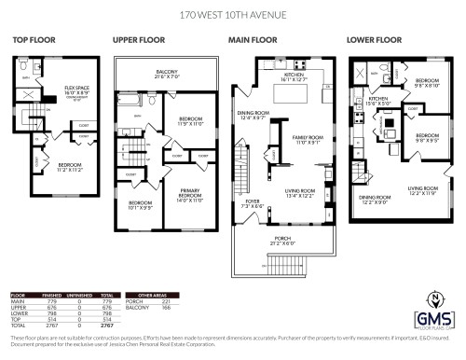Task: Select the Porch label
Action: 282,238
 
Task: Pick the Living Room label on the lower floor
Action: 422,189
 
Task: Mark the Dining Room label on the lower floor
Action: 375,200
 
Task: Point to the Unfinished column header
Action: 79,294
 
